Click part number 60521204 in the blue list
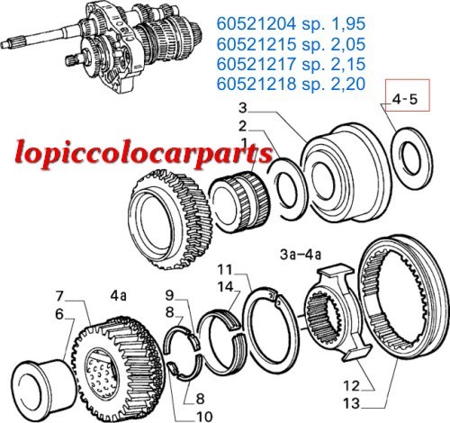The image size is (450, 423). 256,23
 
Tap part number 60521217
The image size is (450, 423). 256,64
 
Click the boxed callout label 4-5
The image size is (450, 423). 405,99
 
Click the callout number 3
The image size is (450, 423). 243,108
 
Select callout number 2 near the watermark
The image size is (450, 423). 243,126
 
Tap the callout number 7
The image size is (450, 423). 59,297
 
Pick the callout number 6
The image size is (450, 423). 59,315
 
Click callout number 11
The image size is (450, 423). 225,270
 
